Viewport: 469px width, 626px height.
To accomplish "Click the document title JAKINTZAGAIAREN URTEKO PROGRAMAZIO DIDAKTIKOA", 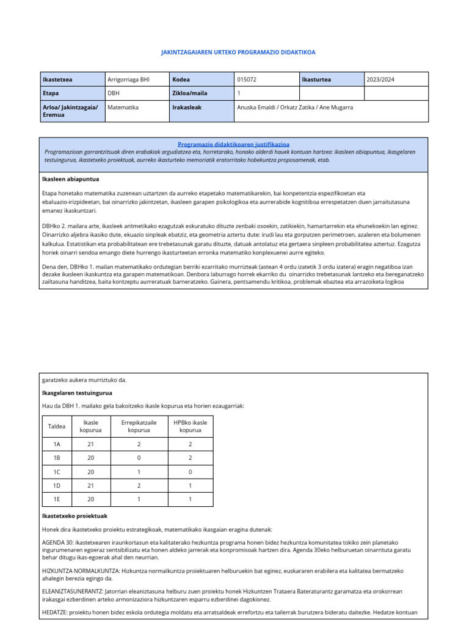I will click(x=238, y=53).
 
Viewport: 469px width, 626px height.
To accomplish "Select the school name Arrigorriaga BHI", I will click(x=128, y=79).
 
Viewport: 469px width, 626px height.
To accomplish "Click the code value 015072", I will click(x=247, y=79).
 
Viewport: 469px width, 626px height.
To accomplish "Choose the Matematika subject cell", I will click(x=123, y=107).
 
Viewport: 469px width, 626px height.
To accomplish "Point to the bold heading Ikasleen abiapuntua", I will click(x=71, y=179).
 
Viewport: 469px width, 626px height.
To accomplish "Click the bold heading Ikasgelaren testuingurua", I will click(x=76, y=392).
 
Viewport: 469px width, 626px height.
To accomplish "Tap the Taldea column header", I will click(x=57, y=425).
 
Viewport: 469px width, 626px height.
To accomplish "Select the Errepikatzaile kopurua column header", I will click(x=139, y=425).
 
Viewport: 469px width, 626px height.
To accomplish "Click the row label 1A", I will click(x=57, y=444).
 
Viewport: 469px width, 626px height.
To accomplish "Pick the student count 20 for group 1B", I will click(x=91, y=458).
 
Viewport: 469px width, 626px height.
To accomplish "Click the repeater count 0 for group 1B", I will click(x=139, y=458).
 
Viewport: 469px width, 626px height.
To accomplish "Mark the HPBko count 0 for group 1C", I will click(x=191, y=472).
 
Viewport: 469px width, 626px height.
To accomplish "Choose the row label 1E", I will click(x=57, y=499).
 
